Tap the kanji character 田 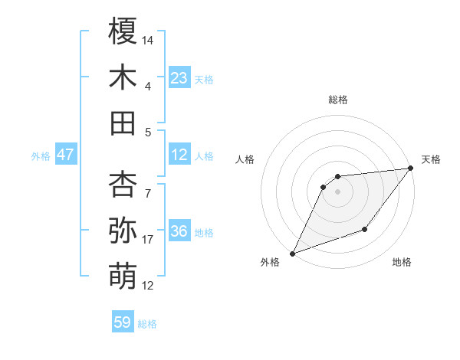click(x=123, y=123)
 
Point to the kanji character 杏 click(x=123, y=185)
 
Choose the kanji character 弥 click(x=123, y=229)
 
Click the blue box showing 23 click(x=179, y=78)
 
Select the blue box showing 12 click(x=179, y=155)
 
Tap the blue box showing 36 click(x=179, y=231)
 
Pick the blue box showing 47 click(x=65, y=155)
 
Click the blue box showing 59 click(x=123, y=322)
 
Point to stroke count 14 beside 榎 click(x=148, y=39)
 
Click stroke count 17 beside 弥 click(x=148, y=240)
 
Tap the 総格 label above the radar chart click(x=337, y=100)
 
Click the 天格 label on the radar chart click(x=431, y=159)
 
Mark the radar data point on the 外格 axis click(x=292, y=254)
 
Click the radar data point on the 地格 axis click(x=365, y=229)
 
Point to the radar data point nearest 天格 click(x=410, y=169)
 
